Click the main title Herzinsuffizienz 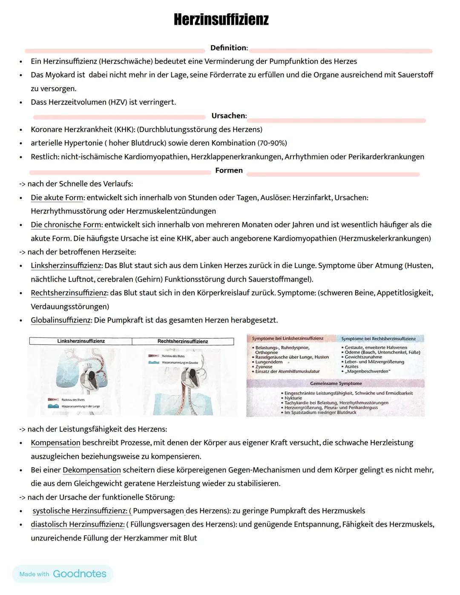pyautogui.click(x=221, y=20)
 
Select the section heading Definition pyautogui.click(x=228, y=48)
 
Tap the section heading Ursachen pyautogui.click(x=228, y=116)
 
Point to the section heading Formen pyautogui.click(x=229, y=170)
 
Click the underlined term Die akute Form pyautogui.click(x=57, y=198)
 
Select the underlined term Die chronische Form pyautogui.click(x=66, y=225)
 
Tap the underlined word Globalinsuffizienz pyautogui.click(x=60, y=320)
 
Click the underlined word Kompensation pyautogui.click(x=55, y=443)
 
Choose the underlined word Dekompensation pyautogui.click(x=92, y=470)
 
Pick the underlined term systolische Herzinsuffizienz pyautogui.click(x=80, y=511)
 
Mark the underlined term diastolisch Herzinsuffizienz pyautogui.click(x=77, y=524)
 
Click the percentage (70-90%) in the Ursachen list pyautogui.click(x=272, y=143)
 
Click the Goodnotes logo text pyautogui.click(x=79, y=574)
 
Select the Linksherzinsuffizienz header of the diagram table pyautogui.click(x=81, y=341)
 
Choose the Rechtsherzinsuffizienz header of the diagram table pyautogui.click(x=183, y=341)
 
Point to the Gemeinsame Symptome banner pyautogui.click(x=336, y=383)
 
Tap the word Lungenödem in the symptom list pyautogui.click(x=269, y=362)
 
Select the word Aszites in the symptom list pyautogui.click(x=351, y=366)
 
